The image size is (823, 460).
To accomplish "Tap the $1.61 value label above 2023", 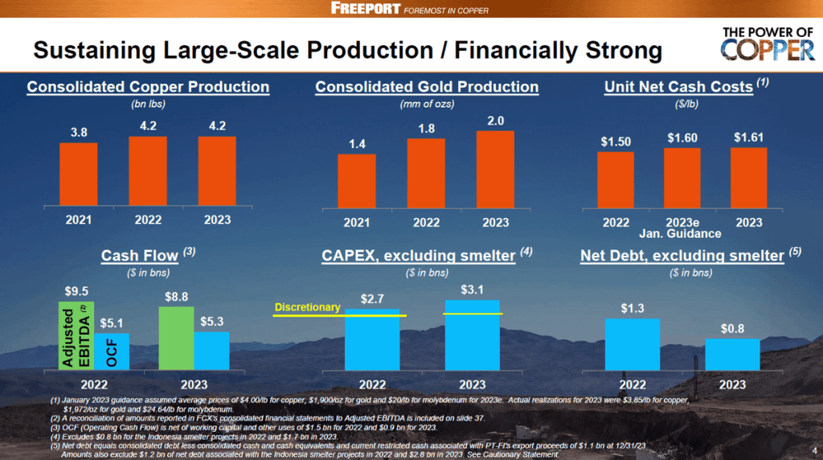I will click(x=749, y=138).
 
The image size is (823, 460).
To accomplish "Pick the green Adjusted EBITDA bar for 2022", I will click(x=76, y=335).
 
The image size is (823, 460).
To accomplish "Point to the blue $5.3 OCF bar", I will click(x=211, y=351).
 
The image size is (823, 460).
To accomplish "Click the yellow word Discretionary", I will click(x=308, y=307).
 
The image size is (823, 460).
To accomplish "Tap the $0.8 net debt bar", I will click(x=732, y=354).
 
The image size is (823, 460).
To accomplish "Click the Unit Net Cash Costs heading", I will click(x=678, y=87).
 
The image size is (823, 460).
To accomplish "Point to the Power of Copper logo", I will click(x=768, y=44).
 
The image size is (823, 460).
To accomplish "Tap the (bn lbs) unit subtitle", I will click(x=147, y=104).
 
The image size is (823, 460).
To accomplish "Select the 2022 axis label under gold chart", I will click(x=426, y=222).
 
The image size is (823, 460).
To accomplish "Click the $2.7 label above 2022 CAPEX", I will click(x=372, y=298).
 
